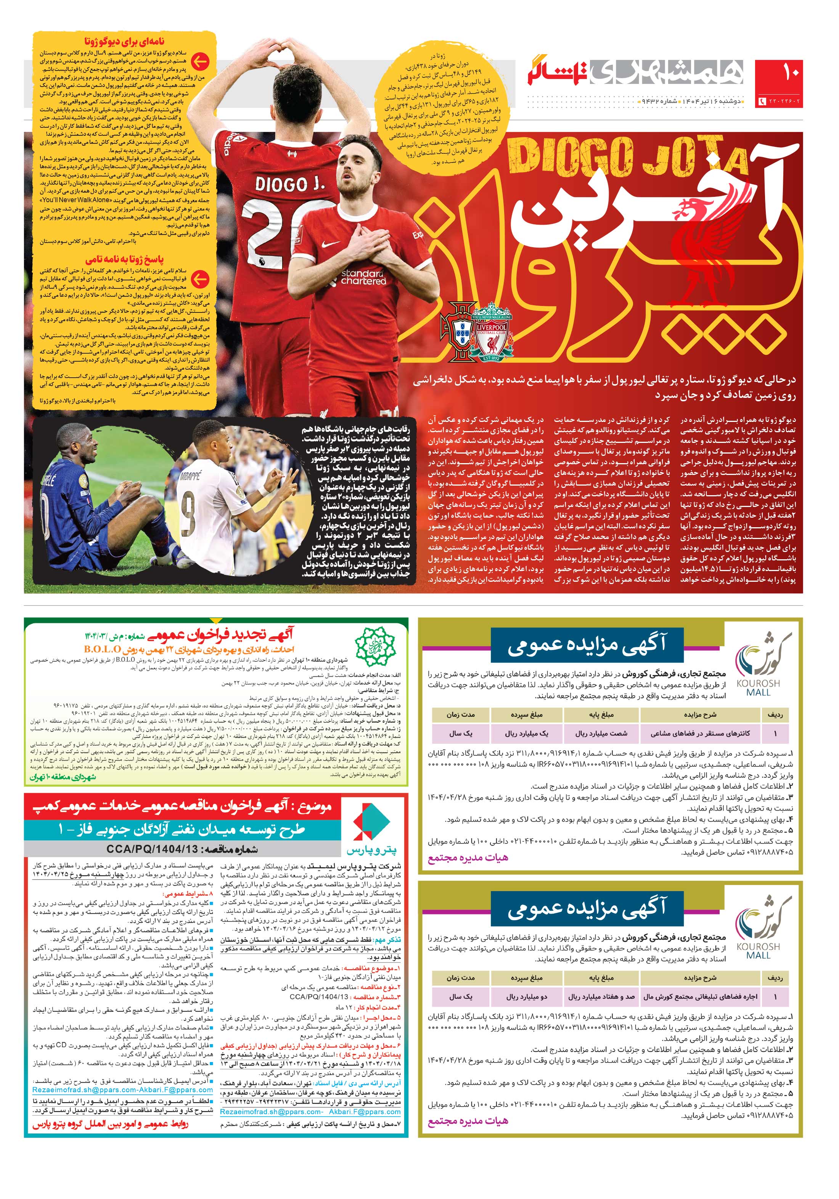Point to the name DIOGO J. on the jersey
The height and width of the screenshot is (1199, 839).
coord(290,184)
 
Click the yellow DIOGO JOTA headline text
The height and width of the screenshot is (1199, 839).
coord(627,155)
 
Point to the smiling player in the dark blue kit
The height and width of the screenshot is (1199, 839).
coord(78,449)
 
